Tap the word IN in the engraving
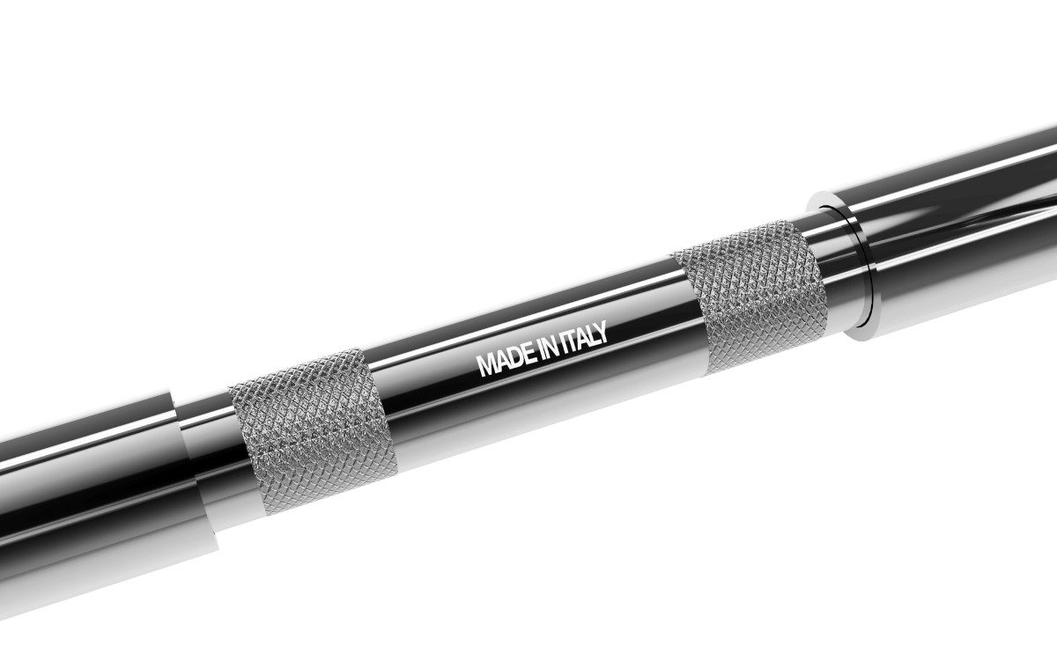coord(547,348)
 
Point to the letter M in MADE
coord(485,364)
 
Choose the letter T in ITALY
coord(573,341)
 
